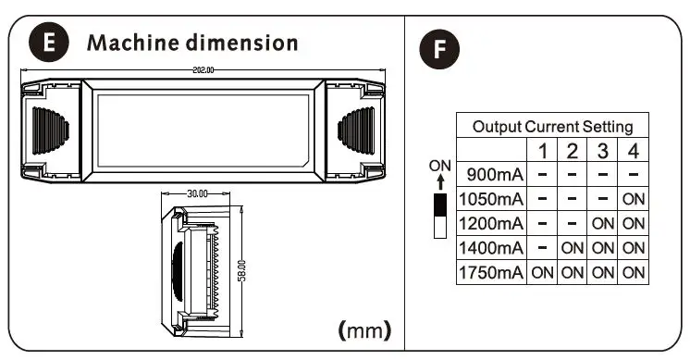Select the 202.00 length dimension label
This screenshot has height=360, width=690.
click(203, 69)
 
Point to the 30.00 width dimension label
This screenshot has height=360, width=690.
click(198, 194)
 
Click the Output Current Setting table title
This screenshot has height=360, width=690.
click(552, 127)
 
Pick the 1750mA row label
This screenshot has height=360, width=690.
click(491, 272)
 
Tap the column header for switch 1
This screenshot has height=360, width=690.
click(543, 151)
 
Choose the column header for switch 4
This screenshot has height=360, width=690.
click(634, 151)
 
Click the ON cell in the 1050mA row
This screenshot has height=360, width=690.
click(634, 199)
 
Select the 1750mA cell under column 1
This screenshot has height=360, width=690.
click(543, 272)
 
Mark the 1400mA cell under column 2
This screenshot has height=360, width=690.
click(573, 248)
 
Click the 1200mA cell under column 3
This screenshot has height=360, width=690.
click(603, 223)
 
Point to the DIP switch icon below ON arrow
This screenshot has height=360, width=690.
click(439, 215)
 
